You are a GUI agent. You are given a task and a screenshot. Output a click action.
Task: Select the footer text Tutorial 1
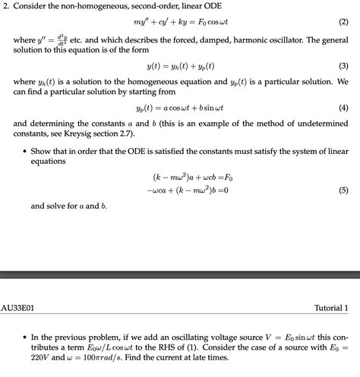point(331,309)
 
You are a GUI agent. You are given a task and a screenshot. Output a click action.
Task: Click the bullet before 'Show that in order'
point(25,150)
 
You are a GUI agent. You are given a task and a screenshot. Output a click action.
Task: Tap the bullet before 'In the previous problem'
point(25,335)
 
